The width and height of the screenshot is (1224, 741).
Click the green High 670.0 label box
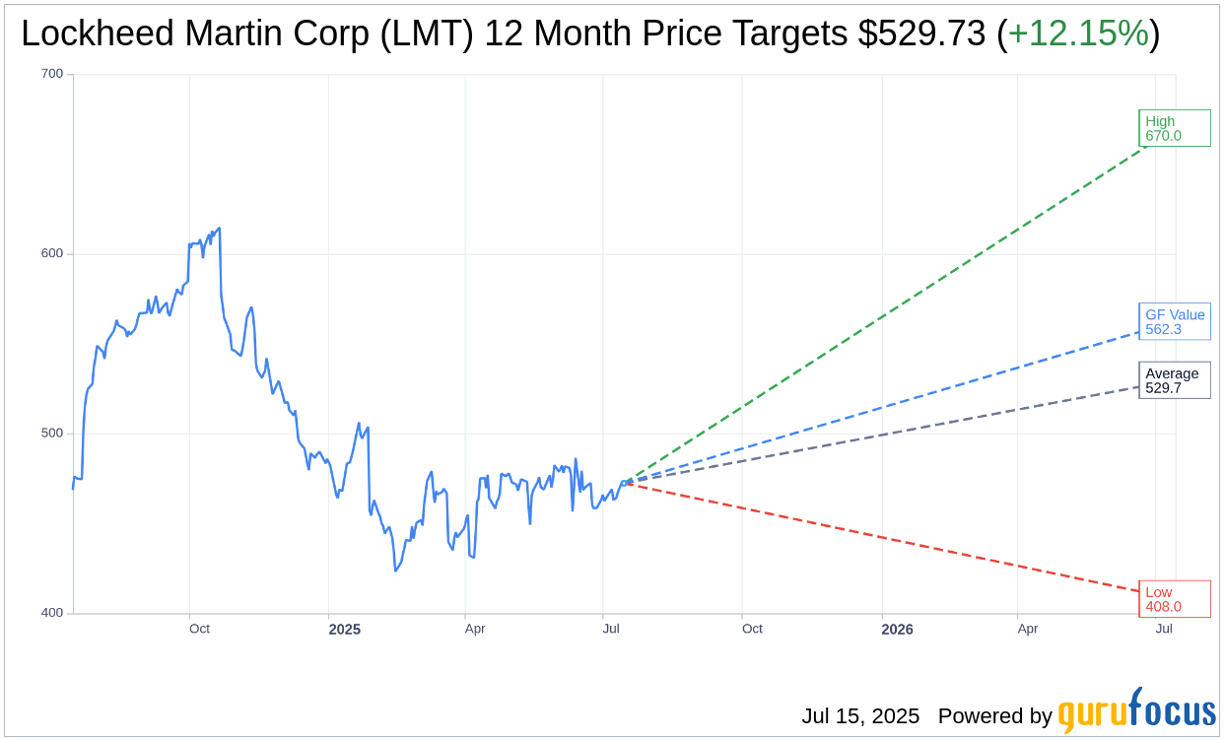click(1174, 128)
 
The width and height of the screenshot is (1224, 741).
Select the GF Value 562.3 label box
click(1174, 321)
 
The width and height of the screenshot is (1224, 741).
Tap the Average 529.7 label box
click(1174, 380)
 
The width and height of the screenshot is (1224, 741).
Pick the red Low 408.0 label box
click(1174, 599)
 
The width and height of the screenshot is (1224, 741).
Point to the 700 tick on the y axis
click(51, 74)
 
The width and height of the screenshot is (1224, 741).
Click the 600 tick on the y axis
click(51, 253)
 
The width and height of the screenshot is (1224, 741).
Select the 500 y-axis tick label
click(51, 433)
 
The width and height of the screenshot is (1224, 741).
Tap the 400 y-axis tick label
click(51, 612)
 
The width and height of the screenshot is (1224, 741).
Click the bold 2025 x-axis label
click(344, 630)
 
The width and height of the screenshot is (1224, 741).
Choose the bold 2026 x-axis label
click(897, 630)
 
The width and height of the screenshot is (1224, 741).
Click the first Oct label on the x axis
click(199, 629)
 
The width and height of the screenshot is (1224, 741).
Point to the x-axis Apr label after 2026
click(1028, 629)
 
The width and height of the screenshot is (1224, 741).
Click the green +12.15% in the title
click(1078, 34)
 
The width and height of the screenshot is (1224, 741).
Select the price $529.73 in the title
click(921, 34)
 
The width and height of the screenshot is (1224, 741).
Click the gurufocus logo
click(1136, 711)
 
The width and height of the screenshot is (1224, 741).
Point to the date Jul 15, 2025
click(859, 716)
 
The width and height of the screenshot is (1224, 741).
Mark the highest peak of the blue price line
click(219, 229)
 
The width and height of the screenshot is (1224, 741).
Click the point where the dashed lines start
click(625, 483)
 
